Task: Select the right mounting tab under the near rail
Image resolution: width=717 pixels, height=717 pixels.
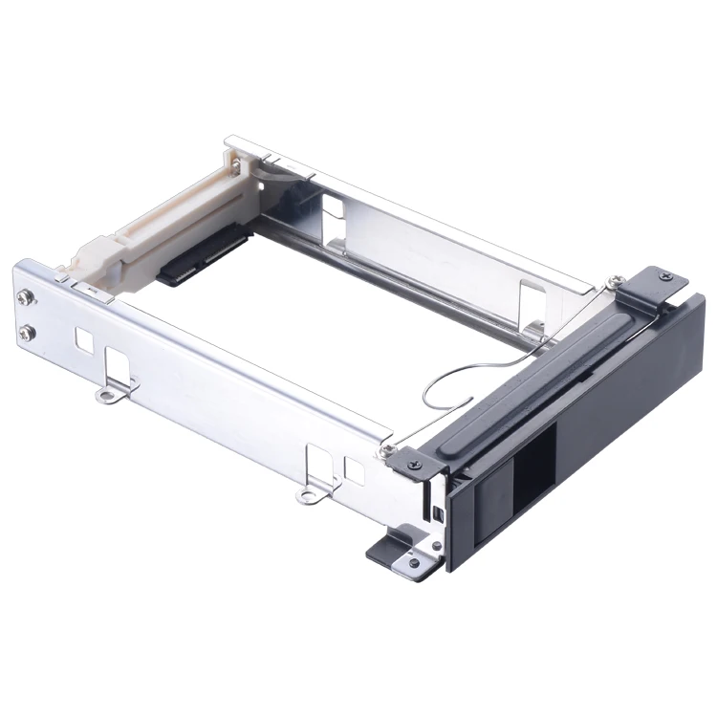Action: (308, 494)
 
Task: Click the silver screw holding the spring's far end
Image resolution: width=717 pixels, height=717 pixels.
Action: (610, 281)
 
